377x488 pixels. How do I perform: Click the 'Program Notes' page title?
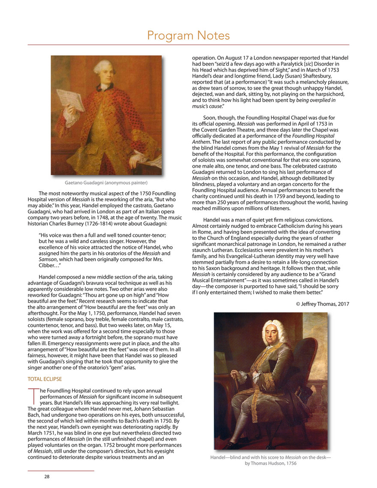(x=188, y=35)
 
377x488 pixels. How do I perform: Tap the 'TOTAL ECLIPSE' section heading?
(x=45, y=379)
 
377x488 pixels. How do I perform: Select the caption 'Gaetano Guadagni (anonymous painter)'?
(x=106, y=182)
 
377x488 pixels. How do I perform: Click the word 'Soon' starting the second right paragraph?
(x=210, y=118)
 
